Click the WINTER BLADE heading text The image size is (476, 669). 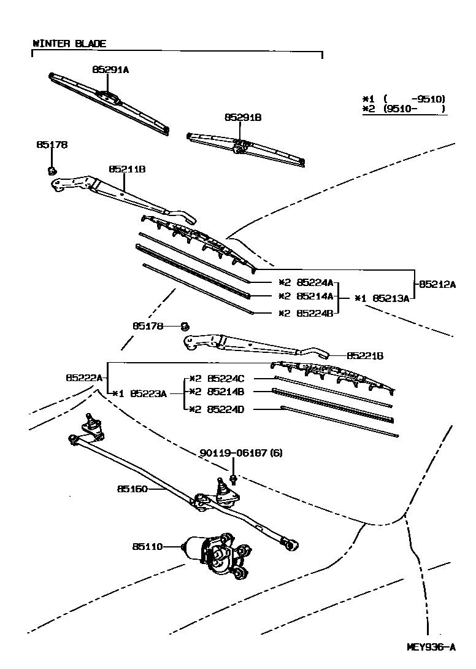[x=69, y=44]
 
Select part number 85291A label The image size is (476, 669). [x=110, y=70]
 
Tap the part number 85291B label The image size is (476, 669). [x=242, y=117]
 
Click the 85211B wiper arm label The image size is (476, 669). [x=127, y=169]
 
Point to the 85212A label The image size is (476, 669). [x=438, y=284]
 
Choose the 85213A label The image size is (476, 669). [x=392, y=298]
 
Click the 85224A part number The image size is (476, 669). [x=315, y=283]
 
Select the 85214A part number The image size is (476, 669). [x=315, y=296]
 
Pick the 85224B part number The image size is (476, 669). [x=315, y=312]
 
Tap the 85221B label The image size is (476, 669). [x=366, y=355]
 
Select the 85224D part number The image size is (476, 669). [x=226, y=409]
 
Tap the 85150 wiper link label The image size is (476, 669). [x=131, y=489]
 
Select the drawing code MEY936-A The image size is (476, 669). [x=431, y=647]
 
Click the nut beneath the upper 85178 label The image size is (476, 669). [x=52, y=169]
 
